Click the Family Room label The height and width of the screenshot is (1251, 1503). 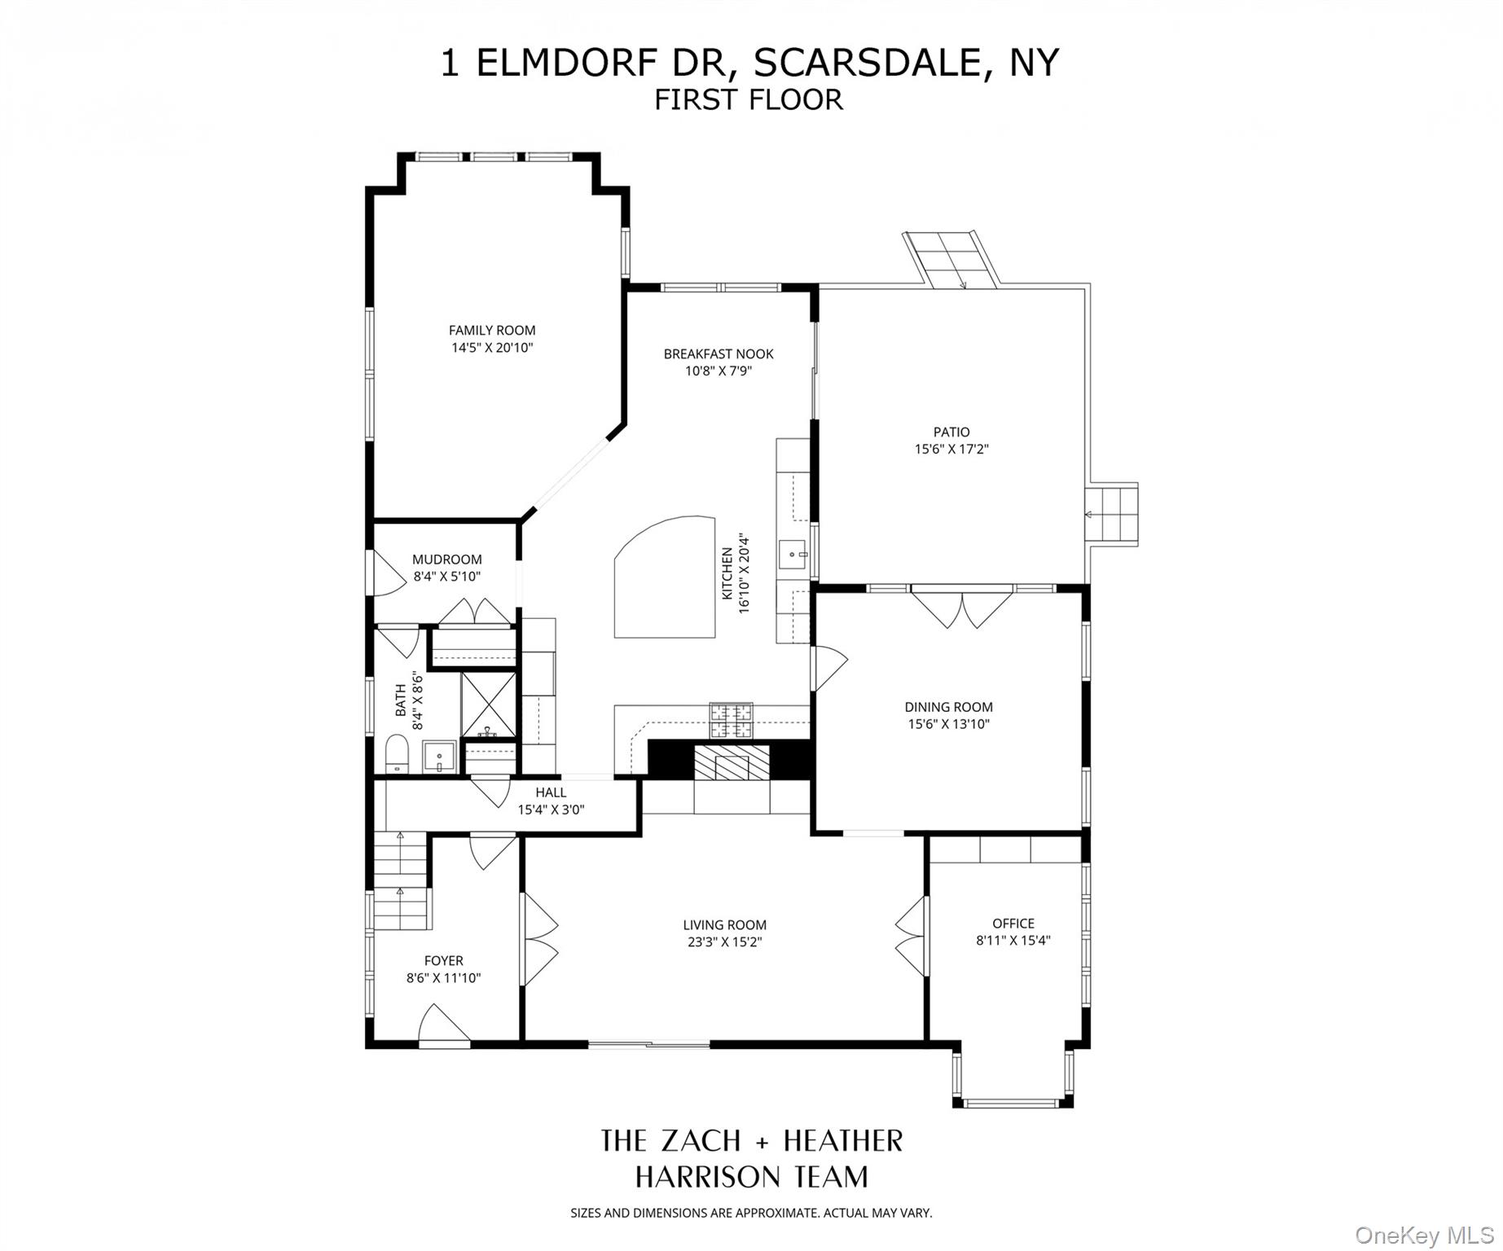(492, 330)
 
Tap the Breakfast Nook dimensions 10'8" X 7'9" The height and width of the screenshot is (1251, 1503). (718, 371)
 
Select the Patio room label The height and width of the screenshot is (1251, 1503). (951, 432)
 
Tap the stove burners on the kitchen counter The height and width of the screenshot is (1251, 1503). (731, 720)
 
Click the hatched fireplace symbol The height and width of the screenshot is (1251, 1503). (721, 765)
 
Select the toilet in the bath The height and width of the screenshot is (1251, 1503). (397, 753)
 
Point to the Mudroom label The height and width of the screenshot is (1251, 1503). (446, 560)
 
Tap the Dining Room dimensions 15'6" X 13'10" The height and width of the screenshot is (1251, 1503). (948, 724)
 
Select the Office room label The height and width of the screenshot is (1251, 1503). (1013, 923)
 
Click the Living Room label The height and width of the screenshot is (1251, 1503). (724, 924)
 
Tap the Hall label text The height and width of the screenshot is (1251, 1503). (551, 792)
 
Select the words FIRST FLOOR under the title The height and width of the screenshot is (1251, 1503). (749, 99)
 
